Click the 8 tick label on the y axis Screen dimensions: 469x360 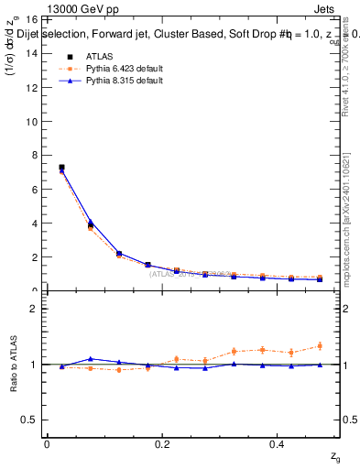[x=32, y=155]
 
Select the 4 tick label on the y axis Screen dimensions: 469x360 [x=32, y=223]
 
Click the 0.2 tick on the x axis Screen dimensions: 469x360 [x=163, y=443]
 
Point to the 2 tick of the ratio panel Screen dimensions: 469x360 [x=32, y=309]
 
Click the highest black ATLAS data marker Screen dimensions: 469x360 [x=61, y=168]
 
